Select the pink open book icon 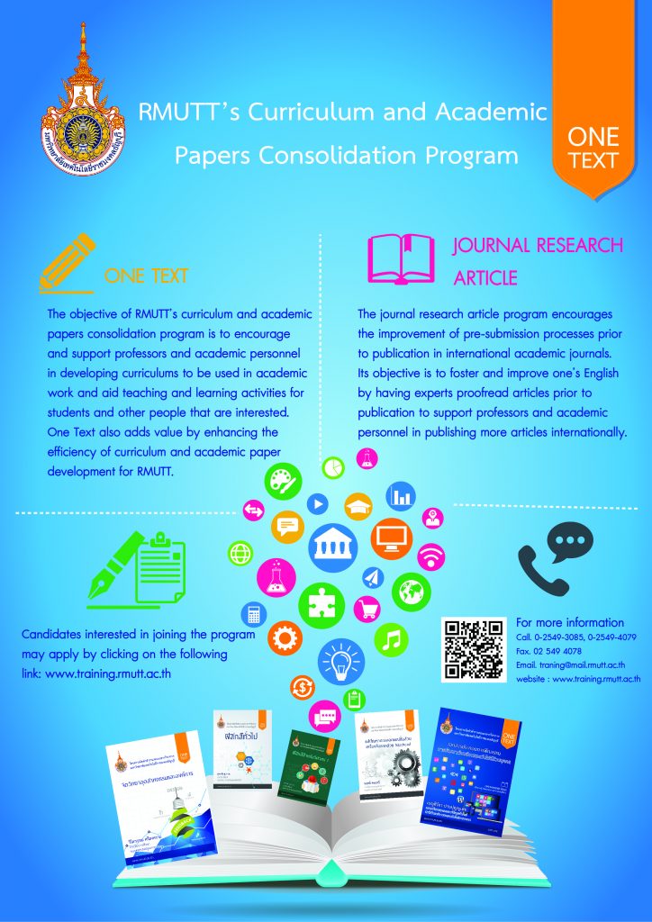[x=403, y=259]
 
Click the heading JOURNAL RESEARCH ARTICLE [x=538, y=261]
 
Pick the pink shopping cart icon [x=367, y=609]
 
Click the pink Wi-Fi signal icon [x=431, y=556]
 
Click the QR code [x=474, y=649]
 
